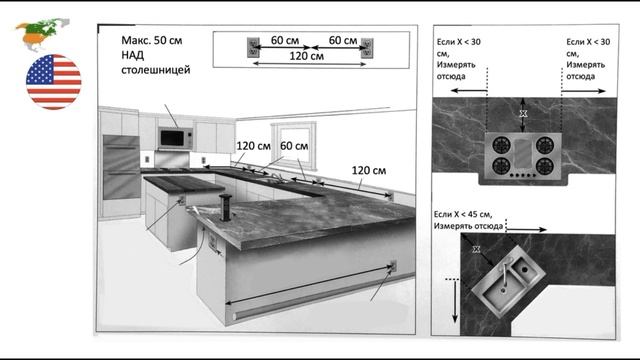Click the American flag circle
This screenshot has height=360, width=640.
coord(53,82)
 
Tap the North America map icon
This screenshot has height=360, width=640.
coord(42,34)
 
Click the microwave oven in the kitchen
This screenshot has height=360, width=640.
coord(176,138)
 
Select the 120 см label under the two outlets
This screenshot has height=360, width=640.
coord(307,56)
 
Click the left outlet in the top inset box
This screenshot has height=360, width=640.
coord(253,48)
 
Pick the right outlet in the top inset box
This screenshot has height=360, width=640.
coord(367,48)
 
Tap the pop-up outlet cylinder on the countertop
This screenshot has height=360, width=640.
coord(225,207)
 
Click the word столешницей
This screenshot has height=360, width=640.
coord(156,70)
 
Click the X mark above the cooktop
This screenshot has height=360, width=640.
coord(523,114)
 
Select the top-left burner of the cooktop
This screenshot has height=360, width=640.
coord(501,145)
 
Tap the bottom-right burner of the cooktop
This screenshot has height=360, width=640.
coord(544,166)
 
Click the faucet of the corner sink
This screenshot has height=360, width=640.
coord(506,268)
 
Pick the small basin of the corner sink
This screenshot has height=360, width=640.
coord(524,269)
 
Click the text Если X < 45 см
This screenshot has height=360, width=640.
coord(463,214)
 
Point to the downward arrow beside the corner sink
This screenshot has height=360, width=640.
coord(455,301)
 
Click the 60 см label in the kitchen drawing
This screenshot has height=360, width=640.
coord(294,146)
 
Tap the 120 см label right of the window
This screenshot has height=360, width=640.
coord(369,171)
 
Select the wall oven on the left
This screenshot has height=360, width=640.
coord(121,167)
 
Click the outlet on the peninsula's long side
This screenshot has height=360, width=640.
coord(393,266)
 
